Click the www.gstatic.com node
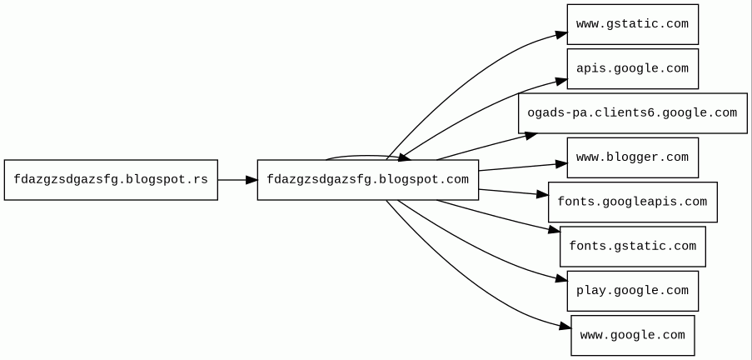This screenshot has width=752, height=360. [632, 24]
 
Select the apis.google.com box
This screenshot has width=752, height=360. [632, 68]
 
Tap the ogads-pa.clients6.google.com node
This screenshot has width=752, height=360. [632, 113]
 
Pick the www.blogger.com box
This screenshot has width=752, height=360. [632, 157]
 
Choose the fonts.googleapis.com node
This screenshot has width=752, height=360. [632, 202]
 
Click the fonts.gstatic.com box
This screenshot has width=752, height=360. [632, 246]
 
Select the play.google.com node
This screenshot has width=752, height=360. [632, 291]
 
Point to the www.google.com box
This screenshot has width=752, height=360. [632, 335]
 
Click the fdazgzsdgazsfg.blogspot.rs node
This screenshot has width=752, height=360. [111, 179]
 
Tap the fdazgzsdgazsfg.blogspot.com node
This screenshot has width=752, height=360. [367, 179]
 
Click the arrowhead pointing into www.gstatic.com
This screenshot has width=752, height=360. [561, 34]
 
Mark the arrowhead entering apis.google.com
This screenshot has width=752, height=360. [561, 80]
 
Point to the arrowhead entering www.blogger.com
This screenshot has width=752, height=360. [561, 164]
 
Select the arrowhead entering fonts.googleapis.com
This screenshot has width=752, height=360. [542, 195]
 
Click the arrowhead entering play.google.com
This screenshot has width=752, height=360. [561, 281]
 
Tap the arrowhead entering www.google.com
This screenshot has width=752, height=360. [565, 326]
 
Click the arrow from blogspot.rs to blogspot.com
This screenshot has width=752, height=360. [237, 179]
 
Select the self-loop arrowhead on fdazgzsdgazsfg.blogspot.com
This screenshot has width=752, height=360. [402, 157]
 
